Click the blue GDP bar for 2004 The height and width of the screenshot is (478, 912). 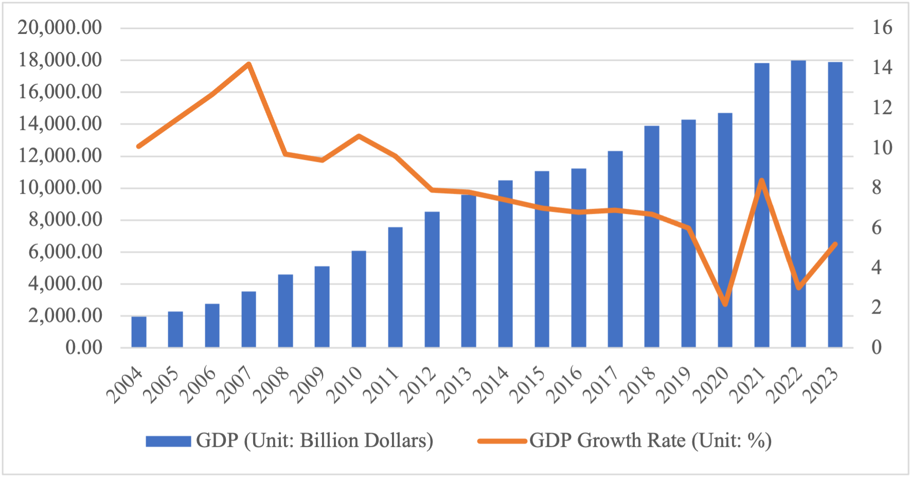(x=139, y=332)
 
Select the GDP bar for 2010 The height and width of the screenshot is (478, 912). (x=359, y=299)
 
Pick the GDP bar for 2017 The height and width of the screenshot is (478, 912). (x=615, y=249)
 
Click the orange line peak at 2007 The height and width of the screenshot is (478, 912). (x=249, y=65)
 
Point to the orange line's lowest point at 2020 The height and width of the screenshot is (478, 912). (x=725, y=304)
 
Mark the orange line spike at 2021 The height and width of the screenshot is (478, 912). (x=762, y=181)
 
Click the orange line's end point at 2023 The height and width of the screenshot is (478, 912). (x=835, y=244)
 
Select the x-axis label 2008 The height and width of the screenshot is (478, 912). (x=273, y=385)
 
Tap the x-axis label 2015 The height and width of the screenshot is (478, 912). (x=530, y=385)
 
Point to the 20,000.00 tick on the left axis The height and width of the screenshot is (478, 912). (x=60, y=27)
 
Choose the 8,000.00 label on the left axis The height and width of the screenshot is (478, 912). (x=65, y=219)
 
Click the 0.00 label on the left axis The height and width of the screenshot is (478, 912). (x=83, y=347)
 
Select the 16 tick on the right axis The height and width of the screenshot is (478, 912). (x=882, y=27)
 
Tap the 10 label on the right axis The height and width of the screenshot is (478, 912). (x=882, y=148)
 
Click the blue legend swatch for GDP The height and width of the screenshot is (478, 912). (x=168, y=441)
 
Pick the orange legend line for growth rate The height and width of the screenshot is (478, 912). (x=502, y=441)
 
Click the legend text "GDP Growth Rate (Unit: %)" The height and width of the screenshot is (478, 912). (x=650, y=441)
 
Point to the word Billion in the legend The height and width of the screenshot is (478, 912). (x=329, y=441)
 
